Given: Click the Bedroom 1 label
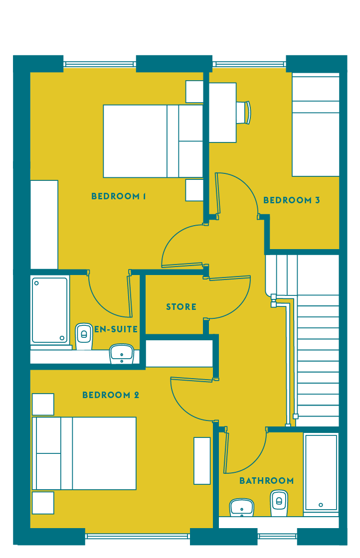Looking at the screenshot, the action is [x=118, y=196].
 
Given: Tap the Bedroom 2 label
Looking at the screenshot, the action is [x=110, y=395].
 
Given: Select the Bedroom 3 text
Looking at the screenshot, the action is [x=291, y=200].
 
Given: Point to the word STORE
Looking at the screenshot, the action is [x=181, y=306].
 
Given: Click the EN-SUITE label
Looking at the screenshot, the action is [x=116, y=329].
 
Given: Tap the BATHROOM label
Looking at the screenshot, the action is [x=266, y=481].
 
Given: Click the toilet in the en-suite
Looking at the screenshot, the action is [x=84, y=336].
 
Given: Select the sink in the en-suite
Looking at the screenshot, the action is [x=122, y=354].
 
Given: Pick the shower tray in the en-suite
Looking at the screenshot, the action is [x=50, y=310].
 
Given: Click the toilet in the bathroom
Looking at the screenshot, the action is [x=279, y=503].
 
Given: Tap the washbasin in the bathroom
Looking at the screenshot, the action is [x=242, y=508].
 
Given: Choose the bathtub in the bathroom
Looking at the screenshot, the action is [x=321, y=472].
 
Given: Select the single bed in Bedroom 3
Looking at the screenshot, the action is [x=316, y=125].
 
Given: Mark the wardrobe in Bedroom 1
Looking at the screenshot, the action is [x=44, y=225].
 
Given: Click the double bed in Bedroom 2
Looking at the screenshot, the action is [x=84, y=453].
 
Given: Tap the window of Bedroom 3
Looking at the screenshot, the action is [x=249, y=64].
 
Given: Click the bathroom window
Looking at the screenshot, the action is [x=277, y=536].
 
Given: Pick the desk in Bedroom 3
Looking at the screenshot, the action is [x=222, y=113].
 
